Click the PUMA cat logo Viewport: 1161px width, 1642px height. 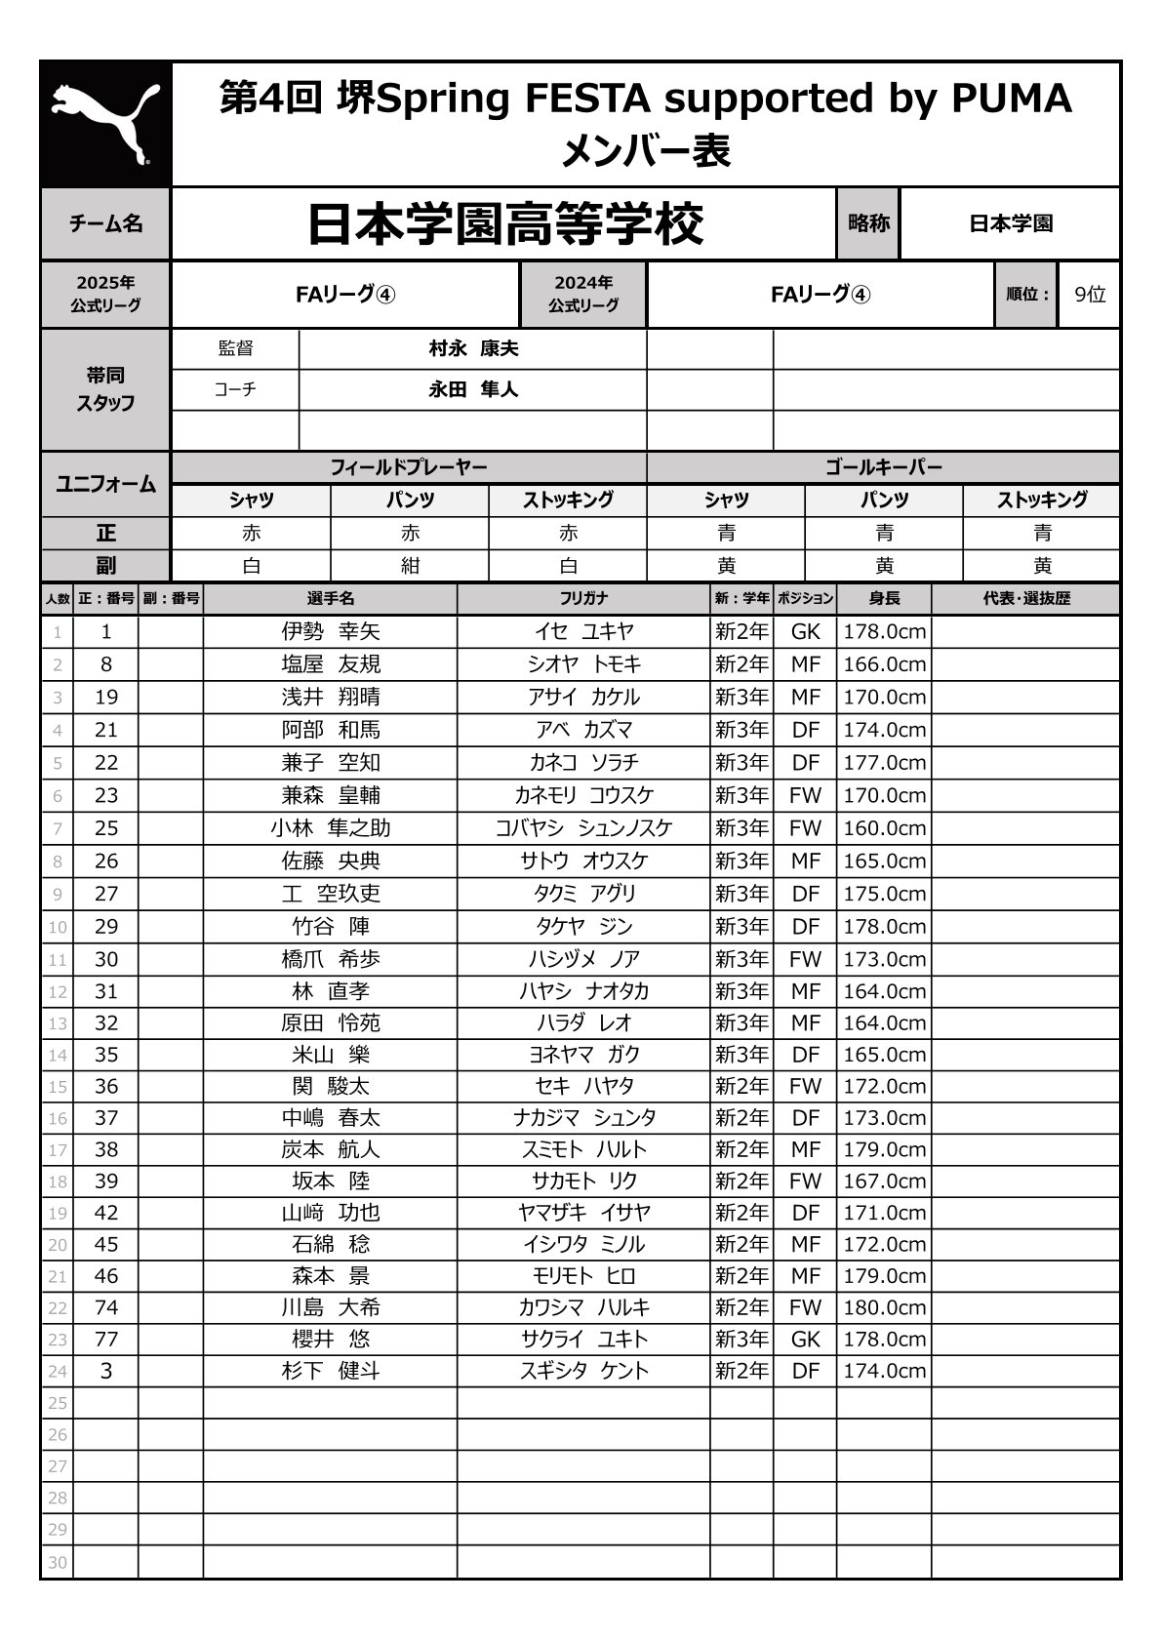click(105, 124)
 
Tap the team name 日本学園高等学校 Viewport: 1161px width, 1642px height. click(504, 224)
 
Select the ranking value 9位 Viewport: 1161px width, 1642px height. click(1089, 294)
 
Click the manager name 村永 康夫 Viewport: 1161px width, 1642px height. click(473, 348)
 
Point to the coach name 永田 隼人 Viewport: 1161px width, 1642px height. click(473, 389)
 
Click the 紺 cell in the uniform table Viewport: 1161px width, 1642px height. click(410, 566)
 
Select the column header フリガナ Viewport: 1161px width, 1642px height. click(583, 598)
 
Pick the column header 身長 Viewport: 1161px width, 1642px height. click(884, 598)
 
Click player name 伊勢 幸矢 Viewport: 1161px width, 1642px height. click(331, 631)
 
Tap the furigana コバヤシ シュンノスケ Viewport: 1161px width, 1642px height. click(583, 828)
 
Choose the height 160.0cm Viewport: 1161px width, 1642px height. click(884, 828)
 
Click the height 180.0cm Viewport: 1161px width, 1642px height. click(884, 1307)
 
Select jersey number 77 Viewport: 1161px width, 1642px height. click(106, 1339)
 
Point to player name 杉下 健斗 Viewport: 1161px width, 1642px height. click(331, 1371)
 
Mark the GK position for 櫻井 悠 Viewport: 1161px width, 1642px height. click(805, 1339)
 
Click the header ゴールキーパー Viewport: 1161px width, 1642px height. click(883, 467)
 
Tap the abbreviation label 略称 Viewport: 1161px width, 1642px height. click(868, 223)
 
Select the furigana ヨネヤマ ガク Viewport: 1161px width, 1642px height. click(583, 1055)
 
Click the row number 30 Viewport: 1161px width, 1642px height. click(58, 1562)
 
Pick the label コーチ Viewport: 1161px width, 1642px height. click(235, 389)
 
